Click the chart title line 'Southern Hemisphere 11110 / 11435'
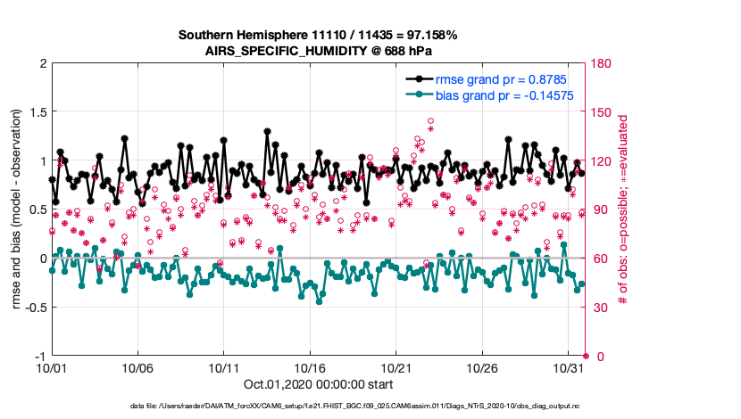[318, 36]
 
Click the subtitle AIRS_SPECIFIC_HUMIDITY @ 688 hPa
[318, 52]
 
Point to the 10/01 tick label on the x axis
[51, 367]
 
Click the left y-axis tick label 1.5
[37, 112]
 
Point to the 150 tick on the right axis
[602, 112]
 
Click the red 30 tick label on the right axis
[599, 308]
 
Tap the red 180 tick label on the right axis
[602, 63]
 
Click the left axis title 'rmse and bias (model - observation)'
[17, 210]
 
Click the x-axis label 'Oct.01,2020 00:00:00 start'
[318, 384]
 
